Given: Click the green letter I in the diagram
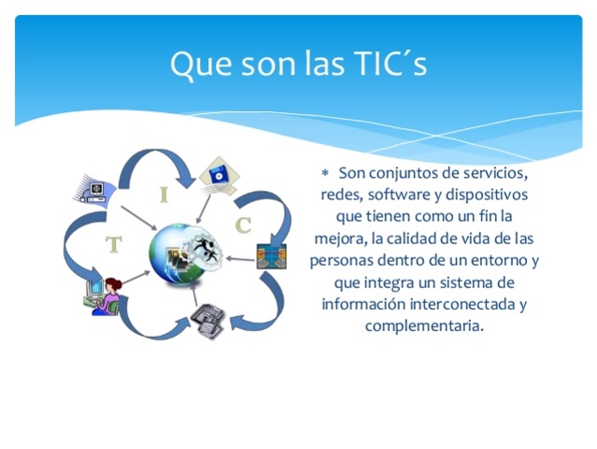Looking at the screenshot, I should click(x=164, y=196).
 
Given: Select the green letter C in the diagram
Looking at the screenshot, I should click(x=243, y=224).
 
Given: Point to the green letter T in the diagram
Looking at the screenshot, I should click(x=114, y=245).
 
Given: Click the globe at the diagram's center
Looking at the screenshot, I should click(x=184, y=253).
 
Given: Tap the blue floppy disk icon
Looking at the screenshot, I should click(x=218, y=174).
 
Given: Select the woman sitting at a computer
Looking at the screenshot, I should click(x=107, y=295).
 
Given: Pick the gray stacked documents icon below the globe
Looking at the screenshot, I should click(x=207, y=321).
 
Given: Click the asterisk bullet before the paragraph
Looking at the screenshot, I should click(x=325, y=174).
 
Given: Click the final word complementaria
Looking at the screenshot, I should click(x=425, y=326).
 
